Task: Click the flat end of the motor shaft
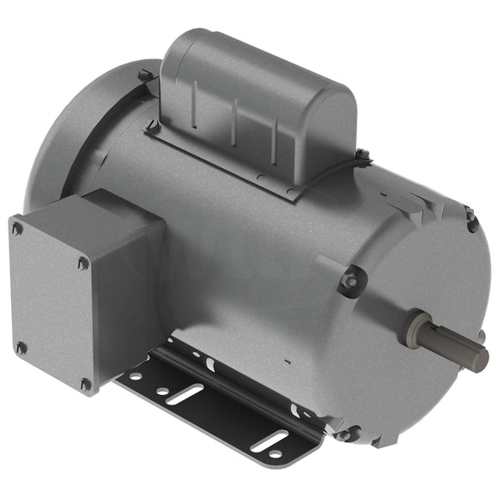click(x=477, y=358)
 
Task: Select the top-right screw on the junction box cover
click(x=82, y=264)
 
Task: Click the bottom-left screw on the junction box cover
click(x=21, y=348)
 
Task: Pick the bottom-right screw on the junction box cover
click(x=85, y=385)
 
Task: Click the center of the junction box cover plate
click(x=51, y=306)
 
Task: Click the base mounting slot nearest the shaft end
click(x=272, y=444)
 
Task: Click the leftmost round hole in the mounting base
click(x=135, y=375)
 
